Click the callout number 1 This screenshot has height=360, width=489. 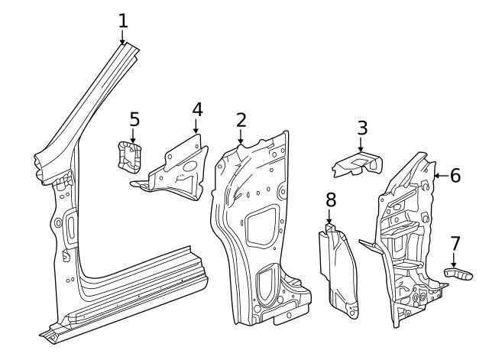point(123,21)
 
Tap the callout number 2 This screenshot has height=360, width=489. point(241,120)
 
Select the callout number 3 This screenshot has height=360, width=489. point(361,128)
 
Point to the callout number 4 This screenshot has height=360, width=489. point(197,109)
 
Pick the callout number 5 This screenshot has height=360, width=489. point(134,119)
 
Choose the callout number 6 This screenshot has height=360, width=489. point(455,176)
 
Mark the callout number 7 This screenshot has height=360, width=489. point(455,244)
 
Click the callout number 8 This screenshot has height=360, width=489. point(330,200)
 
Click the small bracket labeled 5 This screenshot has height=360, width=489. point(128,157)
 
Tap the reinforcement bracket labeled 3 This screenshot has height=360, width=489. point(357,164)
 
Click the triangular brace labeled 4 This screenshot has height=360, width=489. point(177,170)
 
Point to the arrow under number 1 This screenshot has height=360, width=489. point(123,38)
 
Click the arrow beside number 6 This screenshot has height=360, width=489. point(439,176)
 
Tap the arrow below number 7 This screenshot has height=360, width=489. point(453,261)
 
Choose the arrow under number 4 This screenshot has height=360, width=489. point(196,127)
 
